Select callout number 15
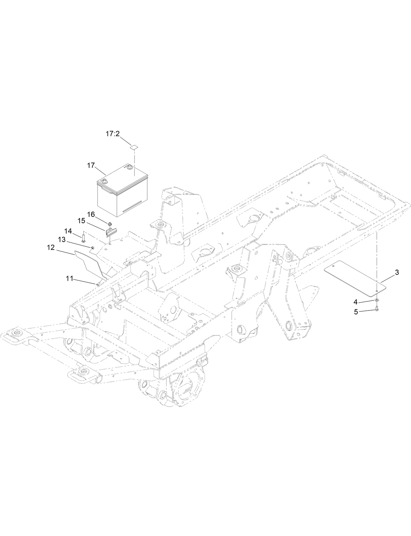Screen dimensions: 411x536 point(81,222)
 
